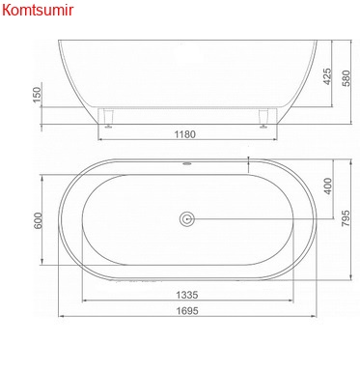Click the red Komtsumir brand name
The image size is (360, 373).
tap(38, 10)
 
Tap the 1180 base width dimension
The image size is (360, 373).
tap(185, 134)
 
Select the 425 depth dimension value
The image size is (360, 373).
tap(327, 76)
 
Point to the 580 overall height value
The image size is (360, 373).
tap(346, 78)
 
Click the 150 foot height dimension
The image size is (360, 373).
tap(38, 95)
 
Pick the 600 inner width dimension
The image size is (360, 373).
tap(38, 220)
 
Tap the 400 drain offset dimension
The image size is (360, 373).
tap(328, 186)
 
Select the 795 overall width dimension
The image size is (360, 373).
tap(346, 218)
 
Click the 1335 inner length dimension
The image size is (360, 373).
tap(187, 295)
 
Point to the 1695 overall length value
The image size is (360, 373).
tap(187, 311)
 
